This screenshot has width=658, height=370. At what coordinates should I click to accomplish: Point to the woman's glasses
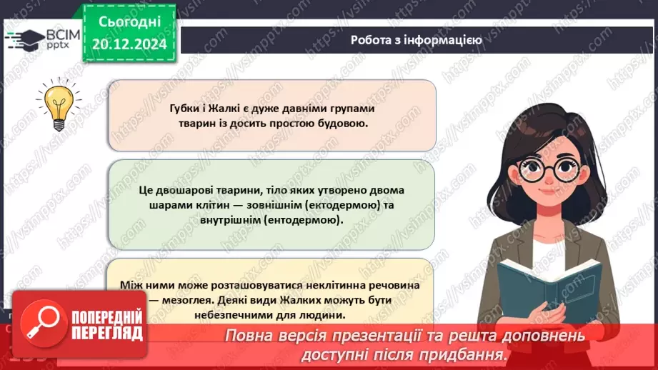click(x=551, y=169)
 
